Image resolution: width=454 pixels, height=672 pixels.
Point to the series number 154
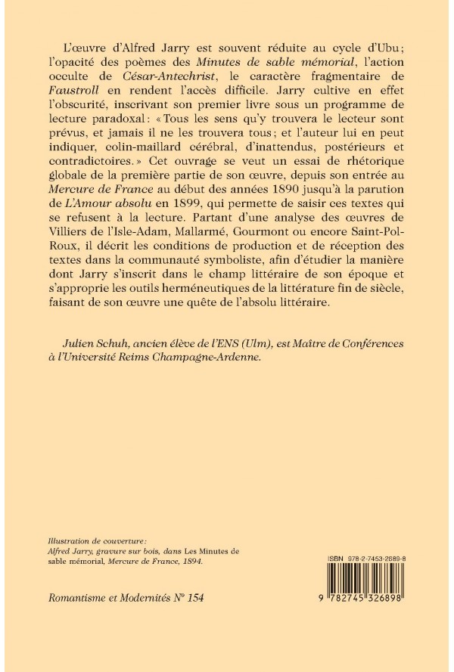point(193,598)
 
